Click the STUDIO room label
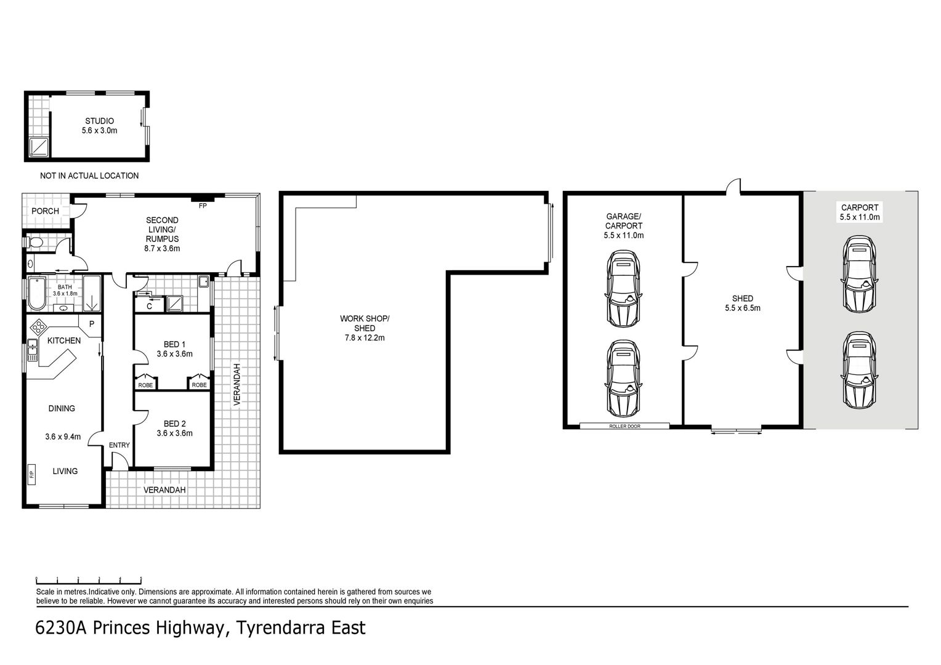pos(100,121)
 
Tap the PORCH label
pos(46,211)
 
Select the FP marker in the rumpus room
pos(203,206)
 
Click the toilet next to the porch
pos(35,243)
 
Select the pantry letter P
pos(92,324)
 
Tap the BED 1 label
pos(174,344)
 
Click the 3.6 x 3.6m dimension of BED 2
pos(175,433)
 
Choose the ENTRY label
pos(119,445)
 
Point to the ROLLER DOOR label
pos(624,426)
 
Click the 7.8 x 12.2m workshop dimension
pos(365,338)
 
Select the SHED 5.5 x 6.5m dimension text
pos(743,308)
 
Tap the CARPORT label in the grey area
pos(860,208)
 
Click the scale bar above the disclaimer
pos(89,581)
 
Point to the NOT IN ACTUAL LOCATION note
pos(89,175)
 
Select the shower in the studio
pos(39,147)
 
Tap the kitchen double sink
pos(33,350)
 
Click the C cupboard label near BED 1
pos(149,306)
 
